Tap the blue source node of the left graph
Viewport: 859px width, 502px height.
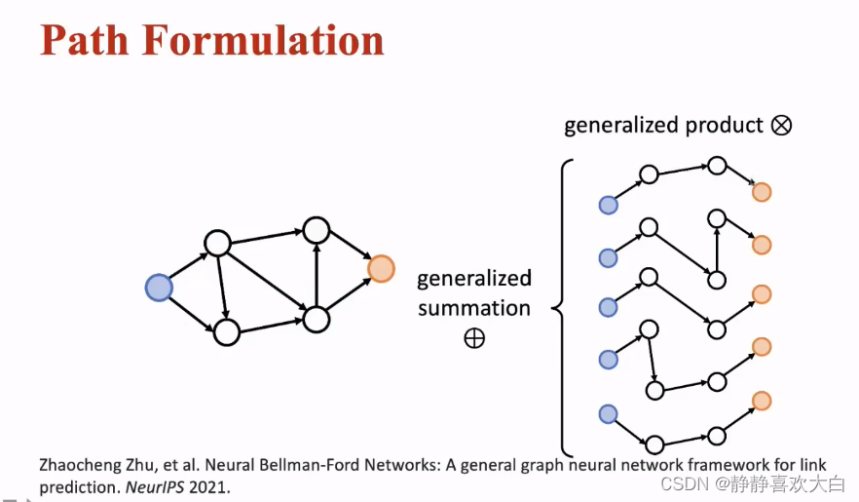pyautogui.click(x=159, y=288)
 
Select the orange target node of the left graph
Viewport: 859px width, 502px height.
pyautogui.click(x=381, y=268)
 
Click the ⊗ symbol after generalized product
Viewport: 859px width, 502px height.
pyautogui.click(x=781, y=125)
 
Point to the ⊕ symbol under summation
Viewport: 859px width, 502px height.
pyautogui.click(x=474, y=338)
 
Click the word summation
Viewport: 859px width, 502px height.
pyautogui.click(x=474, y=308)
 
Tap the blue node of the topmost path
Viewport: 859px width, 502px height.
pyautogui.click(x=609, y=205)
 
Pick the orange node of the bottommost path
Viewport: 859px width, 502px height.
pyautogui.click(x=762, y=400)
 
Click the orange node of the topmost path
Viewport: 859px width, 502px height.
pyautogui.click(x=762, y=192)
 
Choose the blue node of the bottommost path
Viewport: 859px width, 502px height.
pyautogui.click(x=609, y=414)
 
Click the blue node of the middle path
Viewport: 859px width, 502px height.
pyautogui.click(x=609, y=308)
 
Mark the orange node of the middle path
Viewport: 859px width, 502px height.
pyautogui.click(x=762, y=294)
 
